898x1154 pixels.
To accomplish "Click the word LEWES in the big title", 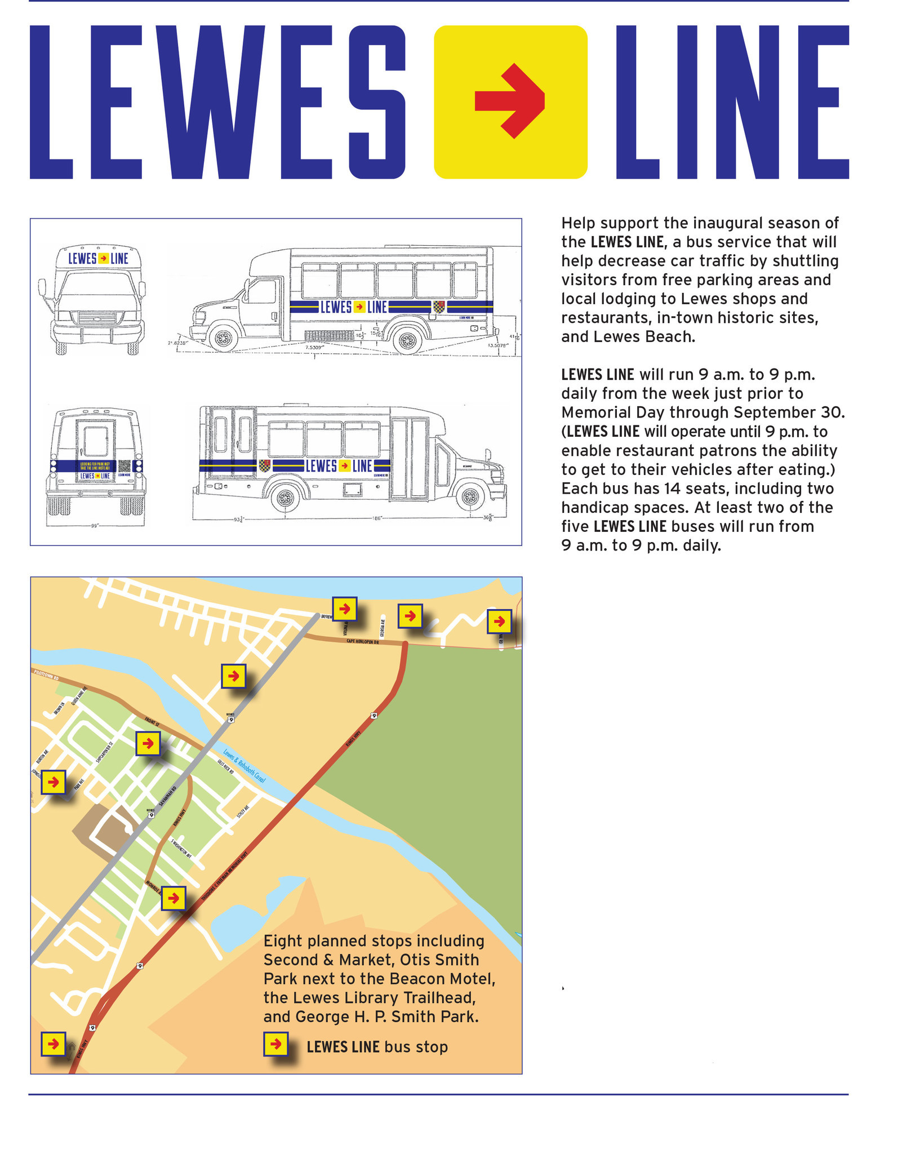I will (217, 101).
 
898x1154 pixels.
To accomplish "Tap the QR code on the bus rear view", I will (125, 467).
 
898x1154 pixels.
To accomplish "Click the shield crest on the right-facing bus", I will (265, 465).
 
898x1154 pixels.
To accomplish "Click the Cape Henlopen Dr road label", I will (363, 641).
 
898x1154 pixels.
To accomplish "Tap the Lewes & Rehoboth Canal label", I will (244, 765).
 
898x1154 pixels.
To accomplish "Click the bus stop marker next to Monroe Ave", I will (174, 898).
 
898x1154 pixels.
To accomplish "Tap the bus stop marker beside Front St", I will (148, 744).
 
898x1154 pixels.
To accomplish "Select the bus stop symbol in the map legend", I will (276, 1044).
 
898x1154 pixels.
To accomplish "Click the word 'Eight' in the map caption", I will (283, 941).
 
